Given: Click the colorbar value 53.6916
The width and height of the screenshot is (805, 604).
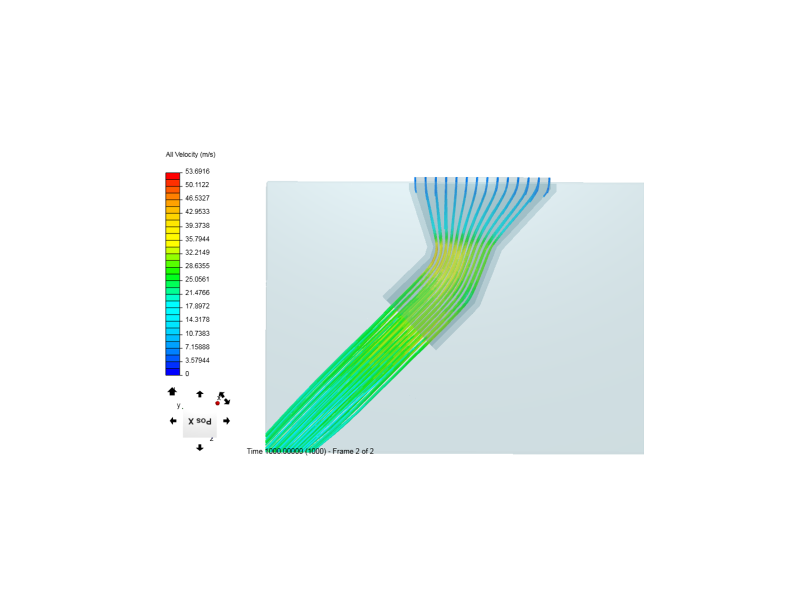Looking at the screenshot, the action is pos(197,171).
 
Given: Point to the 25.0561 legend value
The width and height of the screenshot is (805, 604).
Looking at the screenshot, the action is pos(197,279).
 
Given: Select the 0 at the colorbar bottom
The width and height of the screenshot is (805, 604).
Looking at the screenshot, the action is pos(187,374).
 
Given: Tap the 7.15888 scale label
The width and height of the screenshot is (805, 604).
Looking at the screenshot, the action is pos(197,347).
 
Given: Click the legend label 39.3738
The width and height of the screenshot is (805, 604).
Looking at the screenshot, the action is pos(197,225).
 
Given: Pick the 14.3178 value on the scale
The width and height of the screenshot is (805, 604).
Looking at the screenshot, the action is pos(197,320).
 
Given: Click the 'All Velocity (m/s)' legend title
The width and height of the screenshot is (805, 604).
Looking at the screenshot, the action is pos(190,155).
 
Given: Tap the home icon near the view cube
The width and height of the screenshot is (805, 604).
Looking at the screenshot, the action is pos(172,391).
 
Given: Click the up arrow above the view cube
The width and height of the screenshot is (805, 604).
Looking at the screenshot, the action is pos(200,394).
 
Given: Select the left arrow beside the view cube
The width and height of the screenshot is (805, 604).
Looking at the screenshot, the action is pos(173,421).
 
